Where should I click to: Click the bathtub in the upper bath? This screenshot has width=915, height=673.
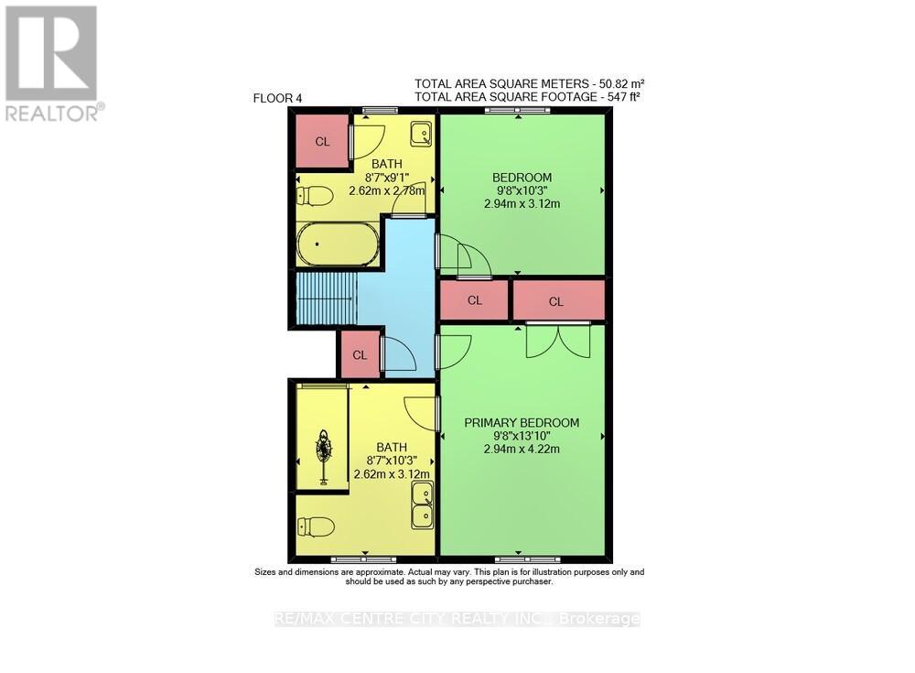338,244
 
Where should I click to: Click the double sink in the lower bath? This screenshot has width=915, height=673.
423,506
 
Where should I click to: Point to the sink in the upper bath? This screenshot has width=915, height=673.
421,134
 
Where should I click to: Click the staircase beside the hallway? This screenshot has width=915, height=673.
325,299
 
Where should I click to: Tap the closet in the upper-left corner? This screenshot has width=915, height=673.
322,141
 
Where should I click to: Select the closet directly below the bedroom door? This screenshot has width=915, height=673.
474,299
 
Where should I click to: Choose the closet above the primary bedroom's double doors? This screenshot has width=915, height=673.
557,300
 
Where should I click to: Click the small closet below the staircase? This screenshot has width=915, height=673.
360,354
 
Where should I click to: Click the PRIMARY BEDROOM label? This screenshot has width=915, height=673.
522,422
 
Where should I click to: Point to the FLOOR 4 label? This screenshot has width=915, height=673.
277,98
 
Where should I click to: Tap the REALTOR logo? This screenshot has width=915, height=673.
52,63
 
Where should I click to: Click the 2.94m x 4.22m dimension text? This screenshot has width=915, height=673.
522,449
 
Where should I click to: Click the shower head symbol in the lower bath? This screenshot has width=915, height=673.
324,450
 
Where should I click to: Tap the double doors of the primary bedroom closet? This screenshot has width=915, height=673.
558,341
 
